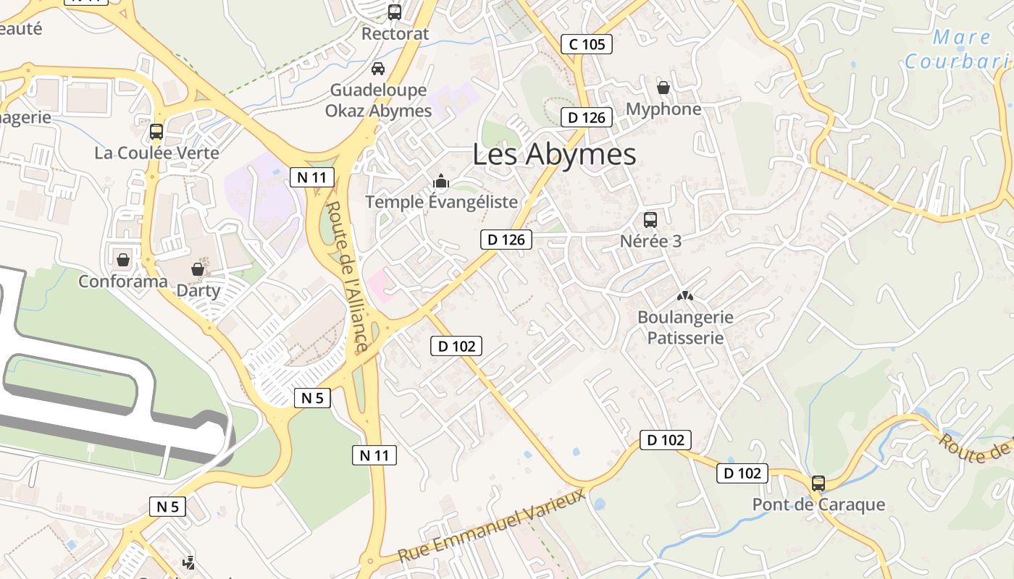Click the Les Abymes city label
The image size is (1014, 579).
tap(554, 154)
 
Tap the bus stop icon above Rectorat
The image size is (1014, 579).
tap(395, 12)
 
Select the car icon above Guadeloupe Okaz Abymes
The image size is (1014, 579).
tap(377, 69)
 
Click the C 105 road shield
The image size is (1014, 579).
tap(587, 44)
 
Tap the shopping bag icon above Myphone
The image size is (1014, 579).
tap(663, 88)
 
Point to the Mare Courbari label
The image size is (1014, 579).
tap(956, 49)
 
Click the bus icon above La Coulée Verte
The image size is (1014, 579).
tap(156, 132)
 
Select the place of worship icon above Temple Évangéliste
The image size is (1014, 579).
tap(441, 181)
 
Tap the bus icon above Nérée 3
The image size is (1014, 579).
tap(650, 220)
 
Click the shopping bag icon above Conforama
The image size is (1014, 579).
tap(122, 259)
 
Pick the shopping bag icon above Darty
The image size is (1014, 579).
tap(198, 269)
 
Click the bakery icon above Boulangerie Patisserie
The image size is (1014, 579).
tap(684, 296)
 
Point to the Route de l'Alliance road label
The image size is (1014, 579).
tap(347, 276)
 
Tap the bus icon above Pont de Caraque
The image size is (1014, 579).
tap(818, 483)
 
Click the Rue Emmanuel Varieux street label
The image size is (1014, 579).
tap(493, 526)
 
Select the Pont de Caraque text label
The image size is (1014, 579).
tap(818, 504)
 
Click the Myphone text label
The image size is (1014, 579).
tap(663, 109)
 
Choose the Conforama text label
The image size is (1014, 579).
tap(122, 281)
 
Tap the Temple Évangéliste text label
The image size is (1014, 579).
tap(441, 202)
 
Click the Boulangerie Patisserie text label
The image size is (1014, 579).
tap(685, 327)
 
